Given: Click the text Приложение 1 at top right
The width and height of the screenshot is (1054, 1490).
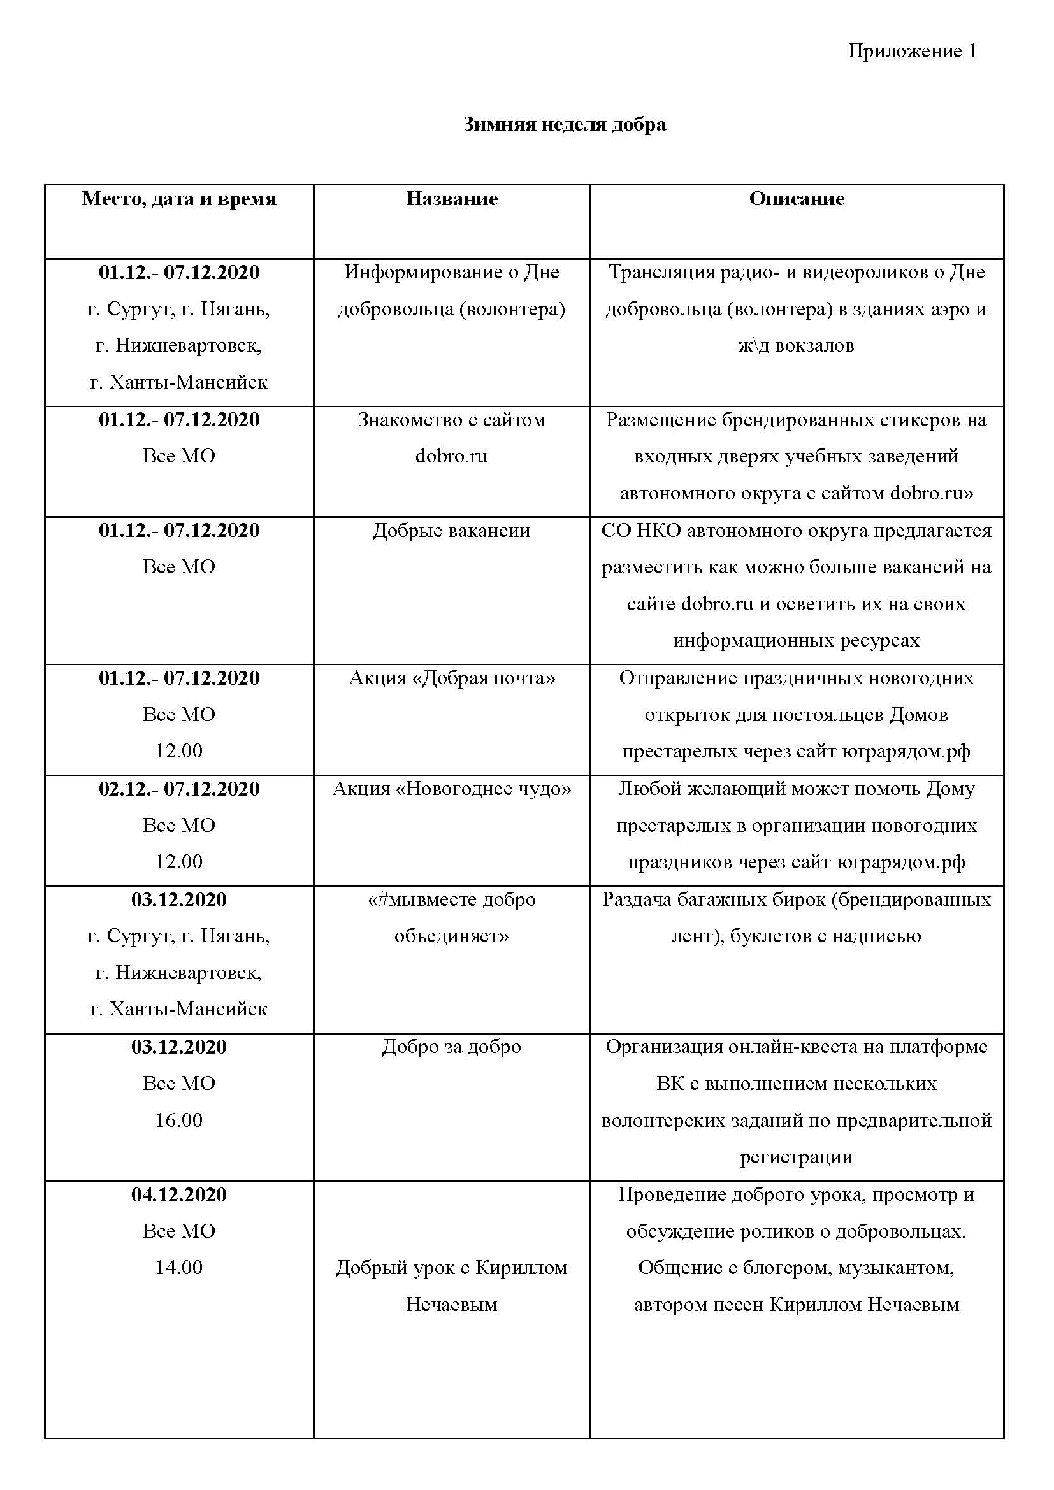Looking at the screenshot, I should tap(912, 51).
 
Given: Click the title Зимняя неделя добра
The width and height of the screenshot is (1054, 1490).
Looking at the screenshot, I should tap(565, 124).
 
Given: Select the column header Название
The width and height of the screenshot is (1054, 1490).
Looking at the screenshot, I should tap(452, 199).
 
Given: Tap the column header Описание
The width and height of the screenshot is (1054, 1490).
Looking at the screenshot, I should tap(797, 199).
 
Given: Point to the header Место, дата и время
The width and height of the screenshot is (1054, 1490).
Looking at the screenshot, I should tap(179, 199).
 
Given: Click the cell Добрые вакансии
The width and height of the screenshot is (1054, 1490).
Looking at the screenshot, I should tap(452, 531).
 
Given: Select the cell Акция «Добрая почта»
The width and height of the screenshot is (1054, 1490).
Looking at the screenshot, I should tap(452, 678).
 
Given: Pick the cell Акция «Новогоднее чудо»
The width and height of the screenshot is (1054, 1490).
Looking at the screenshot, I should tap(452, 789).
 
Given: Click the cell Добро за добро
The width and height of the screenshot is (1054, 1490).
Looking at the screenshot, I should tap(452, 1047).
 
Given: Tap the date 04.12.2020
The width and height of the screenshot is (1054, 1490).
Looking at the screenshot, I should tap(179, 1194).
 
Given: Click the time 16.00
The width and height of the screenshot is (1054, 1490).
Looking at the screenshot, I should tap(179, 1120).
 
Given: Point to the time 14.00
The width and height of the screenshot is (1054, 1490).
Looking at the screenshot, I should tap(179, 1268).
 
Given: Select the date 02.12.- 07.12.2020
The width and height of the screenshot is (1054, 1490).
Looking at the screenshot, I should tap(179, 789).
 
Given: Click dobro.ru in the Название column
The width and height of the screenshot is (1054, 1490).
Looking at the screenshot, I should tap(452, 456).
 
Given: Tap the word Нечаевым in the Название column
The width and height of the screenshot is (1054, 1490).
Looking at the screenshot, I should tap(452, 1305).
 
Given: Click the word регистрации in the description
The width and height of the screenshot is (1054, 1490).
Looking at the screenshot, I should tap(797, 1157).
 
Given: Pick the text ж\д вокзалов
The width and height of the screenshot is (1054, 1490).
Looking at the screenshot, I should tap(797, 345).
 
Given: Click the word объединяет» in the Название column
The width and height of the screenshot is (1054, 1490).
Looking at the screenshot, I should tap(452, 936).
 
